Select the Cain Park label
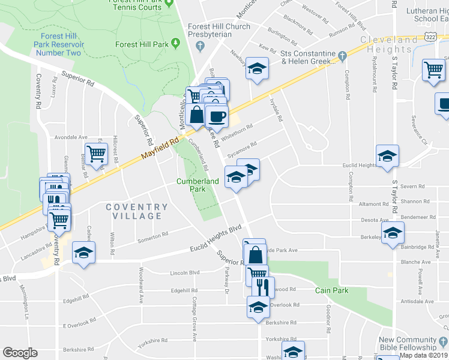331,290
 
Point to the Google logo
20,353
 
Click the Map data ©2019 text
423,355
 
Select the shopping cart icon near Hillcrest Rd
96,154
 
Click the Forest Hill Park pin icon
175,44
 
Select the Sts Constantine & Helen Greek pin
342,56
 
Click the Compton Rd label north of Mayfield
348,81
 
